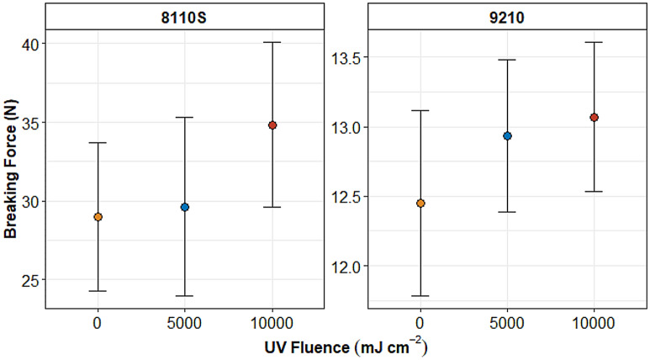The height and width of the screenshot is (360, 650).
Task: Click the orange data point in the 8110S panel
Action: tap(98, 216)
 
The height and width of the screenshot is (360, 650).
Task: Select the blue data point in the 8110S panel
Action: tap(185, 207)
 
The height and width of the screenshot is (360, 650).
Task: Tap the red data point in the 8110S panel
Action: tap(272, 124)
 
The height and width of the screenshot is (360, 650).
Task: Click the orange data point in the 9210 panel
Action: tap(420, 203)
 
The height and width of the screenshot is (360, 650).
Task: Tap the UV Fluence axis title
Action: tap(326, 346)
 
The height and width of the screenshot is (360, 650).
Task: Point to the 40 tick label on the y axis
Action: tap(28, 44)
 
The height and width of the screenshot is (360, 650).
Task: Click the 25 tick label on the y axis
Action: tap(28, 279)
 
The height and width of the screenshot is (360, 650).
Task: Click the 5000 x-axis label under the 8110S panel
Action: tap(185, 321)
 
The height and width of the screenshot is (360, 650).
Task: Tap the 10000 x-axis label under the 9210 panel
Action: tap(594, 321)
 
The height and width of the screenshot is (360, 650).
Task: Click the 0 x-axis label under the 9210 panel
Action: tap(420, 321)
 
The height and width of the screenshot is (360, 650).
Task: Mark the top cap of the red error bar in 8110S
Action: tap(272, 42)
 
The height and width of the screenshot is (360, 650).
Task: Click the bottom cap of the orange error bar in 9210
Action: tap(420, 296)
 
